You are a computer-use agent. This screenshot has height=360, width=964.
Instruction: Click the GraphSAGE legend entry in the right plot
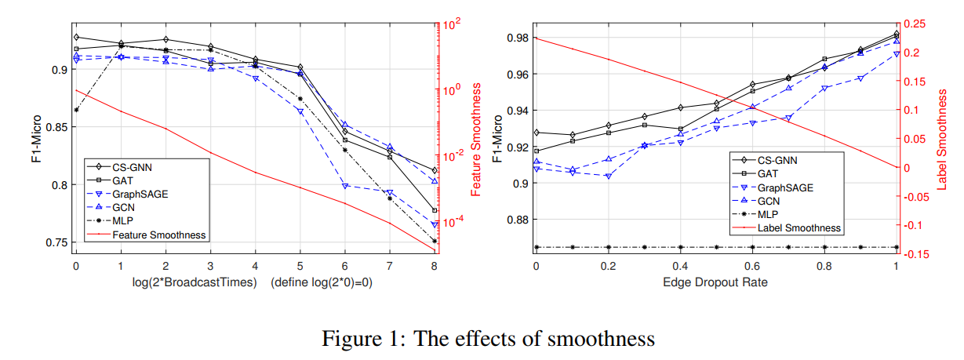click(x=785, y=187)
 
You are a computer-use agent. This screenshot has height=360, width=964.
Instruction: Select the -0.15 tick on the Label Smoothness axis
click(x=919, y=254)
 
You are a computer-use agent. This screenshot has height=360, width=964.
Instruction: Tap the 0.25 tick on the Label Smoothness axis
click(x=916, y=24)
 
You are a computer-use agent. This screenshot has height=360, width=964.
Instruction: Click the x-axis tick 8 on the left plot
click(x=435, y=266)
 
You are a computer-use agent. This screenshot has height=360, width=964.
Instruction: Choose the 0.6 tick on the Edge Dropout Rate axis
click(x=752, y=266)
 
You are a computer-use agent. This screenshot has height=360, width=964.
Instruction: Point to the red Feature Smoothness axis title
click(x=475, y=138)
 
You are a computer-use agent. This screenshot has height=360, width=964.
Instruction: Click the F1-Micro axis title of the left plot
click(x=35, y=138)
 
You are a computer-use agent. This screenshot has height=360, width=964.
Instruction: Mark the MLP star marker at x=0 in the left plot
click(x=76, y=110)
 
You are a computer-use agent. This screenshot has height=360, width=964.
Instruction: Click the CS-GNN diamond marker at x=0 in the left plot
click(x=76, y=37)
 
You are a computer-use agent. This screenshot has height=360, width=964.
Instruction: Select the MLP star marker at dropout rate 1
click(x=896, y=247)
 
